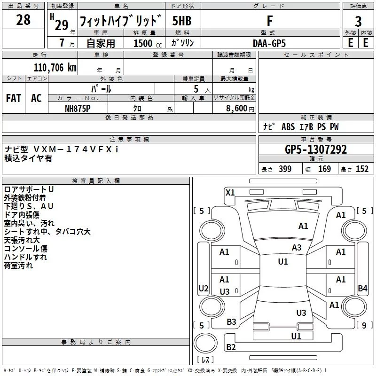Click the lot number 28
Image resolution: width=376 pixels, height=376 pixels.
click(x=23, y=20)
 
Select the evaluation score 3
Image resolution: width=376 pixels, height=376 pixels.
click(x=358, y=21)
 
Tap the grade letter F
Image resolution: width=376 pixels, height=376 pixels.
click(x=269, y=21)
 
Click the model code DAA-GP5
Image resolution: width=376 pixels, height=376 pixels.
click(x=269, y=43)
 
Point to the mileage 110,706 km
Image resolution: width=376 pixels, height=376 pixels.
click(x=55, y=68)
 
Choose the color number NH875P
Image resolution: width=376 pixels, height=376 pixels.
click(x=78, y=108)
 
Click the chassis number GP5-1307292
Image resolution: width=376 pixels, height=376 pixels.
click(x=316, y=149)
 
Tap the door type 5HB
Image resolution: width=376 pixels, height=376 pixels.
click(x=182, y=21)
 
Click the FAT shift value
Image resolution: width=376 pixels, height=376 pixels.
click(x=14, y=98)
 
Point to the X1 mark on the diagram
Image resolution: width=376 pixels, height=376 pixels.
click(x=230, y=192)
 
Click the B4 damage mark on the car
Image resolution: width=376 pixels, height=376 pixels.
click(x=362, y=288)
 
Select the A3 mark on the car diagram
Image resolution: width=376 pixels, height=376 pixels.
click(x=297, y=247)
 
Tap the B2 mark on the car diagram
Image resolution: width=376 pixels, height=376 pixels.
click(x=231, y=347)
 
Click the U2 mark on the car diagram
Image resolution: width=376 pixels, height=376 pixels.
click(x=203, y=288)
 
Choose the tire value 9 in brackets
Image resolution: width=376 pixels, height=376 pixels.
click(x=364, y=325)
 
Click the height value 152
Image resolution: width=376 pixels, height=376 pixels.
click(x=362, y=169)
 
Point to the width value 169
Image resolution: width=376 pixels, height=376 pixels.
click(x=324, y=169)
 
